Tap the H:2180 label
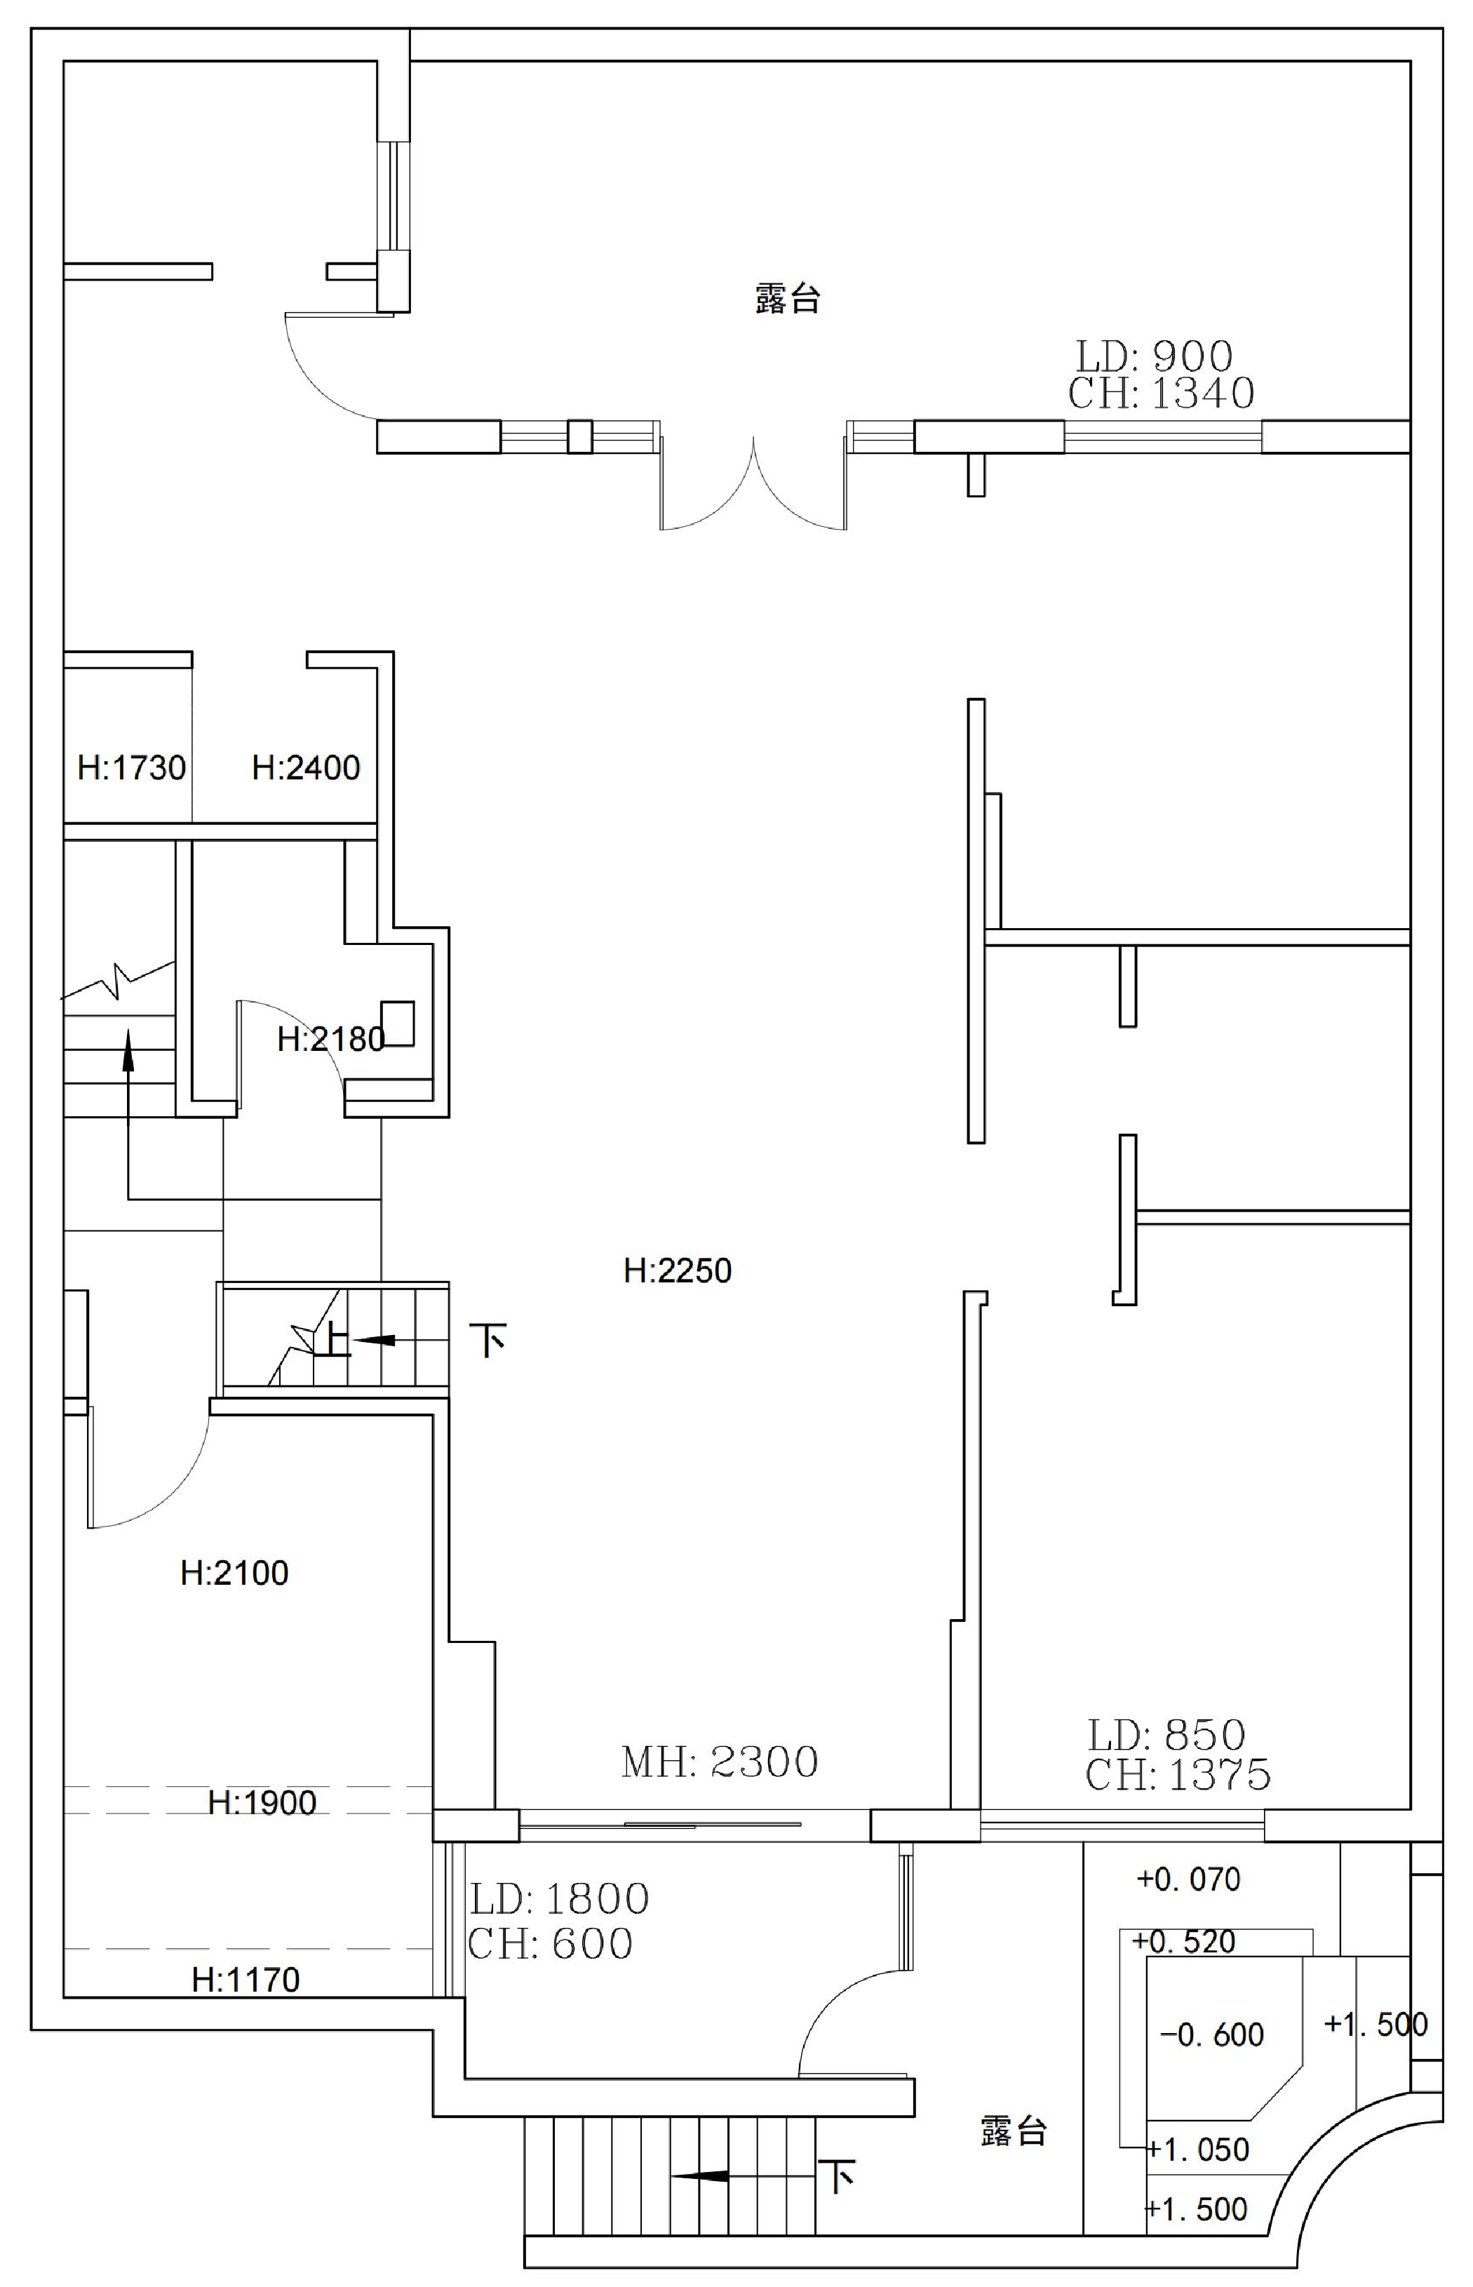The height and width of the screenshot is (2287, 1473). click(x=331, y=1039)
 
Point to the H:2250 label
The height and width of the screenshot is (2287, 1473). click(x=677, y=1270)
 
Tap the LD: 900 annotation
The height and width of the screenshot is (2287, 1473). click(x=1155, y=357)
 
